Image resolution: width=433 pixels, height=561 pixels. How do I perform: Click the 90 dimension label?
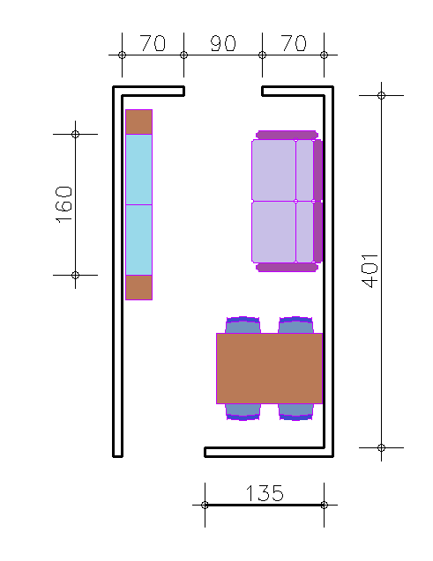click(x=223, y=43)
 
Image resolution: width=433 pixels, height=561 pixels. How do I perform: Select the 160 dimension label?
click(x=64, y=204)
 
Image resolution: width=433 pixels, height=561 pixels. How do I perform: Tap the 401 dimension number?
click(x=370, y=271)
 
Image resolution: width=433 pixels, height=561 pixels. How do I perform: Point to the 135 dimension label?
click(x=265, y=493)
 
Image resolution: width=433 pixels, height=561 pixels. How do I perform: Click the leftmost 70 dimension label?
click(x=153, y=43)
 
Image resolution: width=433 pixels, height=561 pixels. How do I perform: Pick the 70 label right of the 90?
click(x=294, y=43)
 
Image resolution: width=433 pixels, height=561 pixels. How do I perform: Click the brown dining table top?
click(x=269, y=368)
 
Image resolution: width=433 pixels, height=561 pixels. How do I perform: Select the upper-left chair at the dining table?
click(x=243, y=325)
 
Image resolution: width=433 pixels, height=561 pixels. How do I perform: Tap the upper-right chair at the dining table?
click(x=295, y=325)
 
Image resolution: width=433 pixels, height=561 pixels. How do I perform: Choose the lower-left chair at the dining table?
click(x=243, y=412)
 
